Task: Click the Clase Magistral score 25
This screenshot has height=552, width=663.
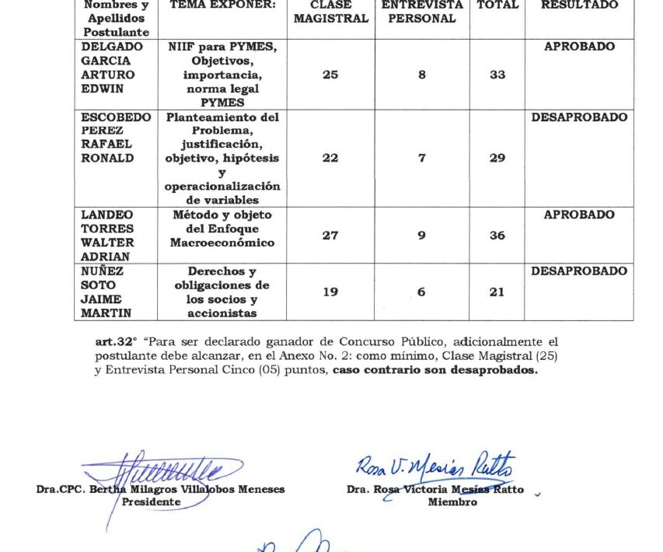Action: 330,75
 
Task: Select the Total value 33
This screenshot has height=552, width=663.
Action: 497,75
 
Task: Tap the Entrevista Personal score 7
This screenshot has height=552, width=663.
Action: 421,159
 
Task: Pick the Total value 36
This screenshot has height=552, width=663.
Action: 497,236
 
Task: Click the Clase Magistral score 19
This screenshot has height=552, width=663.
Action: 330,292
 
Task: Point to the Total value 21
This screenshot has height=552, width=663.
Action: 497,292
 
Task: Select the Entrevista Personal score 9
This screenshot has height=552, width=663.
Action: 421,236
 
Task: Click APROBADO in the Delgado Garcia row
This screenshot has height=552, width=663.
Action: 579,47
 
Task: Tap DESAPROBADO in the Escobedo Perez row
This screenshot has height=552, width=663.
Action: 579,117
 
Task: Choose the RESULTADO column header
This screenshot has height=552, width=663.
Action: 579,5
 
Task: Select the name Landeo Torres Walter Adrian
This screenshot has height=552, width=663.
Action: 108,236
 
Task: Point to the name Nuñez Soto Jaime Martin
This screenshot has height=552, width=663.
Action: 108,292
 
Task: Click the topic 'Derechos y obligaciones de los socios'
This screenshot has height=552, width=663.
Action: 222,292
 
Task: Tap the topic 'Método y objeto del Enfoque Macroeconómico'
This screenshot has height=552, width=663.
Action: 222,229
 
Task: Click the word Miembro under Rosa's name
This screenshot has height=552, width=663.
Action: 452,502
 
